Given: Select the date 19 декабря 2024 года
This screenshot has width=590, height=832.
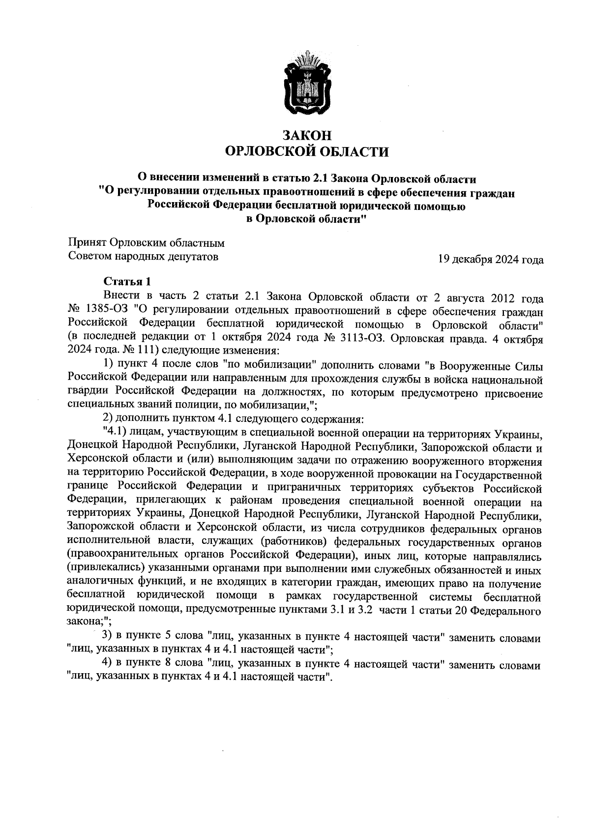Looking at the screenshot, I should [x=491, y=259].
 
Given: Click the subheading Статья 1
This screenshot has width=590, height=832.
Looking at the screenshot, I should [x=127, y=282].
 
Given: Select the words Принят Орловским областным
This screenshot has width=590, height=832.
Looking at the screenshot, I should [x=146, y=243].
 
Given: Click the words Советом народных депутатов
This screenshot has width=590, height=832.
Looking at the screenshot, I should [x=143, y=256].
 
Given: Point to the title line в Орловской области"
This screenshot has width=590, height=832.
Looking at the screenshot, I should [x=306, y=219].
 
